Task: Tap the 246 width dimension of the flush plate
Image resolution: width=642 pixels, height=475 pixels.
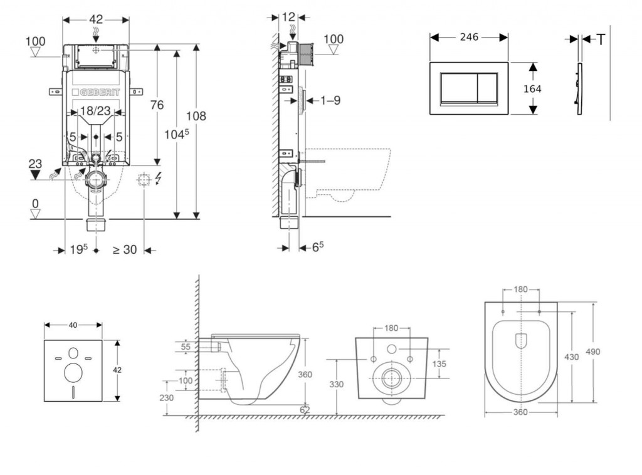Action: pyautogui.click(x=469, y=37)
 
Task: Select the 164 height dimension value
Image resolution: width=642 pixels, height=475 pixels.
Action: pyautogui.click(x=532, y=88)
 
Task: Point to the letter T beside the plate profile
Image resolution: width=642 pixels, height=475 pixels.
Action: pyautogui.click(x=601, y=39)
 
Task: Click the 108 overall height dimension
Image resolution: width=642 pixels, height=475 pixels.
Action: pyautogui.click(x=197, y=116)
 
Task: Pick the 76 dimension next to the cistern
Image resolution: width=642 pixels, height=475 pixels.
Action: pyautogui.click(x=157, y=105)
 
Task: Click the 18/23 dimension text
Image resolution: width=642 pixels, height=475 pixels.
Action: pyautogui.click(x=96, y=112)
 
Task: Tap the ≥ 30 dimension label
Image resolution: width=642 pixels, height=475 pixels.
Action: pyautogui.click(x=124, y=249)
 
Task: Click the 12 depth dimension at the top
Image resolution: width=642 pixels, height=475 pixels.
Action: pyautogui.click(x=288, y=17)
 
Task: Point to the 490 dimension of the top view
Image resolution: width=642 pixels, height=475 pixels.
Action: pyautogui.click(x=592, y=352)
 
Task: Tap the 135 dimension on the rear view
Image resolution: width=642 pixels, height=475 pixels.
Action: pyautogui.click(x=439, y=364)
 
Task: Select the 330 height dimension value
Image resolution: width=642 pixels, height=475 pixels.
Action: pyautogui.click(x=337, y=384)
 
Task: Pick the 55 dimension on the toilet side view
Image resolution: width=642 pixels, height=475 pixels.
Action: pyautogui.click(x=187, y=347)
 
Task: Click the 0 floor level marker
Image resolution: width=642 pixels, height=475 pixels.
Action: pyautogui.click(x=35, y=204)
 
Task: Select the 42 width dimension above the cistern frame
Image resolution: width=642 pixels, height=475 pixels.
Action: pyautogui.click(x=96, y=19)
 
